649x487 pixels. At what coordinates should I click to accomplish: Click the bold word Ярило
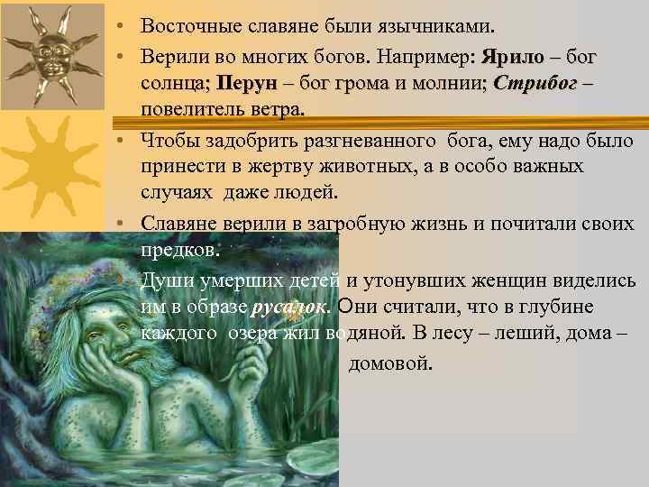pyautogui.click(x=513, y=57)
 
